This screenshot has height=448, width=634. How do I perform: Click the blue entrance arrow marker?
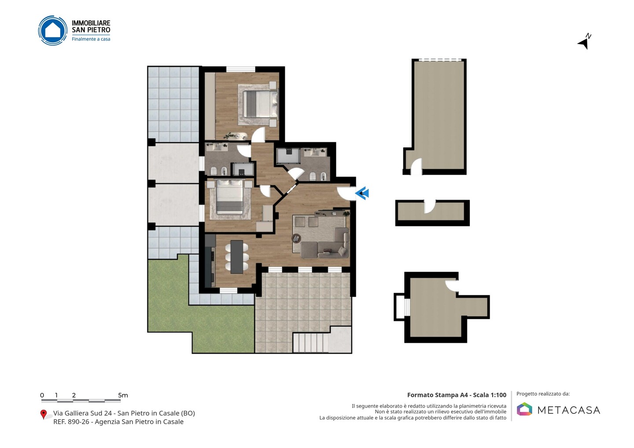click(x=362, y=194)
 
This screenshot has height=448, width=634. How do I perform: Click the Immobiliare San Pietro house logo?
click(x=53, y=30)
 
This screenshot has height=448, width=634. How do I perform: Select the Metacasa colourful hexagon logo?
click(x=524, y=409)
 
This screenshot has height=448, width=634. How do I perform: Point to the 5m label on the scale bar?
click(x=123, y=395)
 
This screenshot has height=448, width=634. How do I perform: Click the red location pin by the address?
click(x=43, y=415)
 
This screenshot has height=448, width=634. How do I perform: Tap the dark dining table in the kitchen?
click(x=237, y=257)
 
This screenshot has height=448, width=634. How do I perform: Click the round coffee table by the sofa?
click(x=296, y=239)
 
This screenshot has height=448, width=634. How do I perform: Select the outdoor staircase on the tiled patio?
click(x=311, y=343)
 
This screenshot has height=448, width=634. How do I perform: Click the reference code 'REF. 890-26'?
click(x=71, y=422)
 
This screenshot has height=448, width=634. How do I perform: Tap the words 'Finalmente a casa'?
click(x=91, y=39)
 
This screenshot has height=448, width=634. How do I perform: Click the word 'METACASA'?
click(x=569, y=410)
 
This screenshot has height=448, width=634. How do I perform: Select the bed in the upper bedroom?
click(x=260, y=104)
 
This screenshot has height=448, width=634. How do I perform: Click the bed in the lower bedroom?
click(x=229, y=198)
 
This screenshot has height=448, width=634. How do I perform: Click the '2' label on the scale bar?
click(x=74, y=395)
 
